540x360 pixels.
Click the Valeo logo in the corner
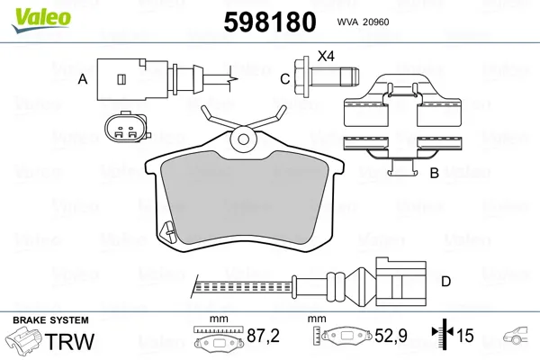41,20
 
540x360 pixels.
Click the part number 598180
270,22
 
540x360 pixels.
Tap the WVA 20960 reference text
363,22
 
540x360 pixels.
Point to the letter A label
83,79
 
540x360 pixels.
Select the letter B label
435,173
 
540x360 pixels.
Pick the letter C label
285,79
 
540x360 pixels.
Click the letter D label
446,282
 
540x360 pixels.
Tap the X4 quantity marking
326,56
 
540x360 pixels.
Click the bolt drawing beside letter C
327,77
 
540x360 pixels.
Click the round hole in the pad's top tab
244,139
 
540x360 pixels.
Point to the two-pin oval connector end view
127,128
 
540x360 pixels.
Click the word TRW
69,341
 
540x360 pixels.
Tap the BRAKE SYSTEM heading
50,320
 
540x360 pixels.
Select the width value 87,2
263,336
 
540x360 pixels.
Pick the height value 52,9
391,336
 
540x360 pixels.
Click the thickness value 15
465,336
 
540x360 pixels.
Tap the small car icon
516,335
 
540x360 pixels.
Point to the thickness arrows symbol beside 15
443,333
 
